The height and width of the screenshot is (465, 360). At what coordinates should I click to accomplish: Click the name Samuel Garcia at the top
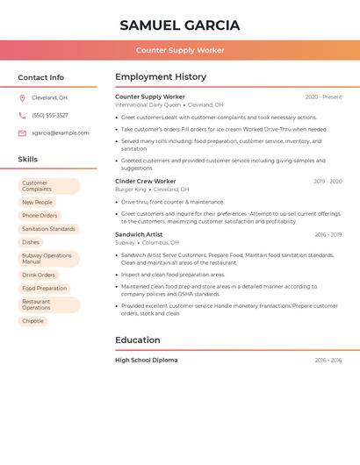180,25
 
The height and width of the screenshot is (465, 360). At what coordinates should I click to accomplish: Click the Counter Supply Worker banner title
180,50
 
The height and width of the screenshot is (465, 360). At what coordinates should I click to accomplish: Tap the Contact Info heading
40,77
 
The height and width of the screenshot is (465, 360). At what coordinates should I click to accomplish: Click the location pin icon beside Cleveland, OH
22,98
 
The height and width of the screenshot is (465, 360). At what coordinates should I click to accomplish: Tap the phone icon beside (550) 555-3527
22,115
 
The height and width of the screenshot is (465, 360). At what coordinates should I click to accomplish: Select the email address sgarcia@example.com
61,133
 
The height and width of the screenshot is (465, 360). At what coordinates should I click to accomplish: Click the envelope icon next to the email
22,133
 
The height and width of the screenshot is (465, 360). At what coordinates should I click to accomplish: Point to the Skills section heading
28,159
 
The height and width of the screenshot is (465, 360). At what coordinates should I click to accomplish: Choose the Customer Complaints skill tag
48,186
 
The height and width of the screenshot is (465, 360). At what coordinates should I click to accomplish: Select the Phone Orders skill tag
40,216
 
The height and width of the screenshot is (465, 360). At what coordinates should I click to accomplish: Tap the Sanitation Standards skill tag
48,229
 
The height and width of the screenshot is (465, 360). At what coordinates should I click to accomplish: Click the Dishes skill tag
31,242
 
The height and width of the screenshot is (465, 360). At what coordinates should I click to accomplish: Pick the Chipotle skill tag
32,321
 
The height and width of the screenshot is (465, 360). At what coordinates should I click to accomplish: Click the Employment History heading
161,77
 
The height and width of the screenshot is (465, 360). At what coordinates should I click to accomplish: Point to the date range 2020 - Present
323,97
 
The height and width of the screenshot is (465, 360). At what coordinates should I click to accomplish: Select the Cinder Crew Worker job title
146,181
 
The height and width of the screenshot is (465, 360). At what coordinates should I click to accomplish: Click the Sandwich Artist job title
139,234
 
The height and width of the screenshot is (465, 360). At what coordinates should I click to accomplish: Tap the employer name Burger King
131,190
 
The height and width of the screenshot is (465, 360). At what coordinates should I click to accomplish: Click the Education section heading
138,340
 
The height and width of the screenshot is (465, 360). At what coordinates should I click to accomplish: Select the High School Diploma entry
146,360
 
